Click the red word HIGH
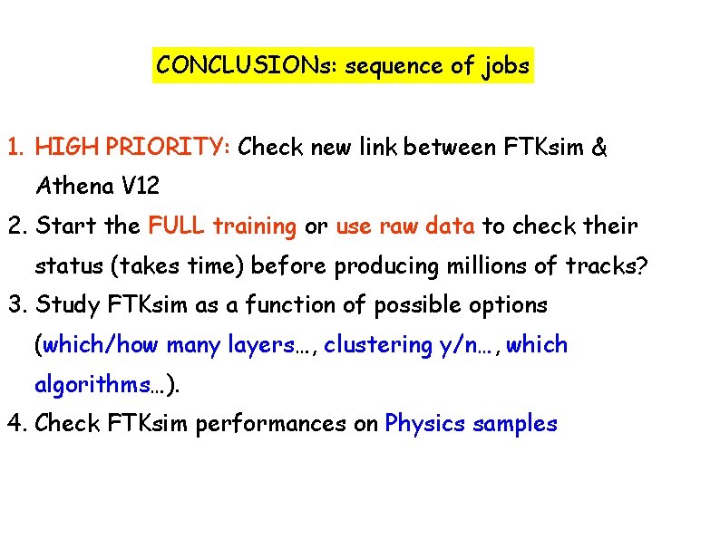(x=68, y=147)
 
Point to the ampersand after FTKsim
(x=599, y=147)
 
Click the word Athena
(x=73, y=187)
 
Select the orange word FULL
(x=177, y=226)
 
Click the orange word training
(x=255, y=226)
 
